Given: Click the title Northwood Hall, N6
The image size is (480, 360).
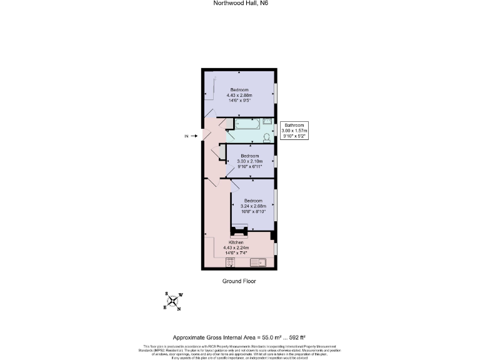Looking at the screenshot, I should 240,3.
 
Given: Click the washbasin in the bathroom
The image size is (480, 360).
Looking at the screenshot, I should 267,122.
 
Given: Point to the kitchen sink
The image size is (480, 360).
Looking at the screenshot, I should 257,263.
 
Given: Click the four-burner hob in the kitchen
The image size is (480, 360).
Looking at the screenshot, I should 222,263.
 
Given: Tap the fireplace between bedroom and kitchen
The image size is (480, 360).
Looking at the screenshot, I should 238,231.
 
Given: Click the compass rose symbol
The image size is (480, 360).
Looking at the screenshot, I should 172,301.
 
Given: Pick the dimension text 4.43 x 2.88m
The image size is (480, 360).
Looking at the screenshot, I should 241,95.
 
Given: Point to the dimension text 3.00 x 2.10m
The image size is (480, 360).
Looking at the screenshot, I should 250,161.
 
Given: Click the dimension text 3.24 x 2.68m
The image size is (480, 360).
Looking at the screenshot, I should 253,206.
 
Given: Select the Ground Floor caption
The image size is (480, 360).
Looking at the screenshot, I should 239,281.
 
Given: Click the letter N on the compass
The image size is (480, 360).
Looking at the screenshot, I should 179,309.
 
